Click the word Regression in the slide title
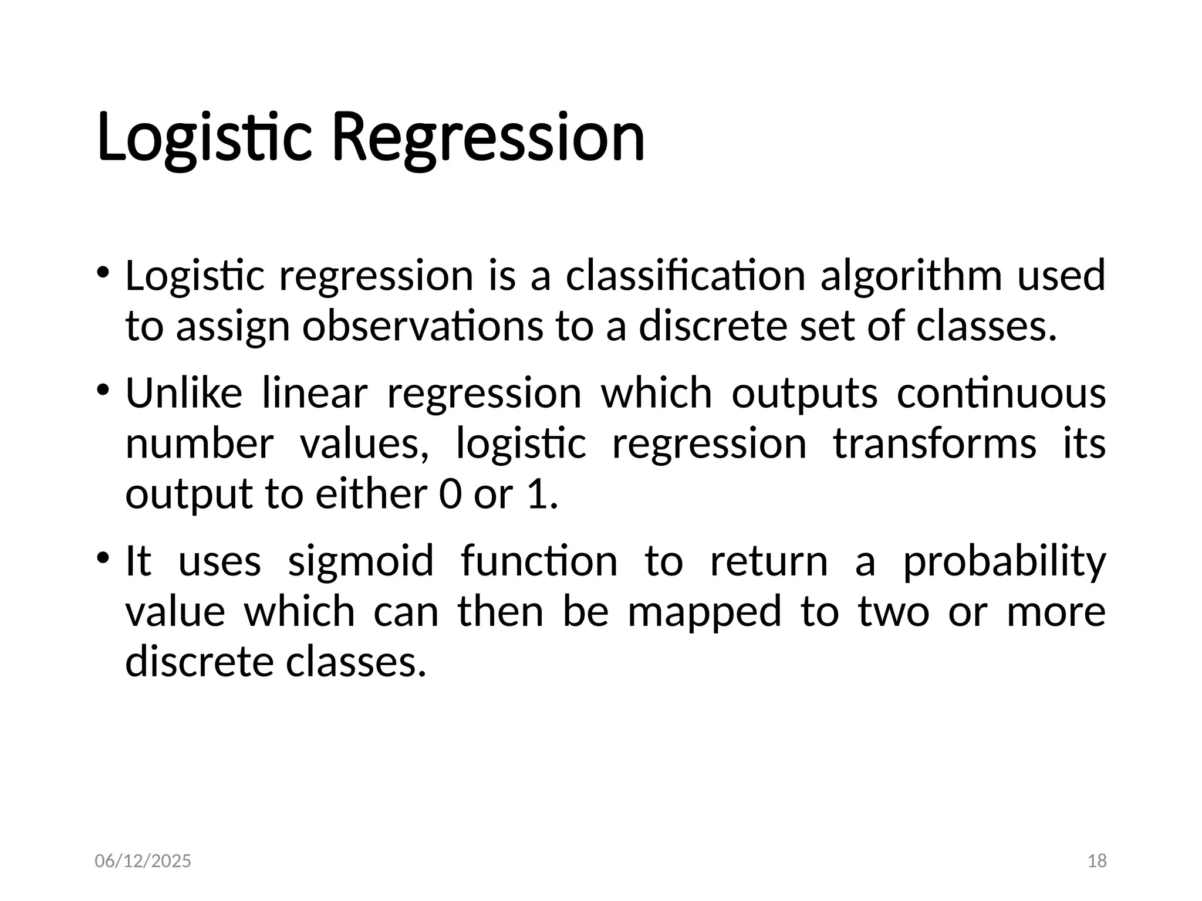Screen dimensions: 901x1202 click(x=488, y=138)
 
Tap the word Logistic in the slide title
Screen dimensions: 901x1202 click(x=204, y=138)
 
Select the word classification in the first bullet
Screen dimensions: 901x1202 click(x=685, y=275)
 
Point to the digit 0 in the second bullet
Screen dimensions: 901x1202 click(x=450, y=494)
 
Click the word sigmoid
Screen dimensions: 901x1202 click(x=360, y=561)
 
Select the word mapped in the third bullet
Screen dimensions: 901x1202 click(x=704, y=612)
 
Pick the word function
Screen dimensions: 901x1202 click(x=539, y=561)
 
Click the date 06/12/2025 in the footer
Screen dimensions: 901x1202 click(x=143, y=861)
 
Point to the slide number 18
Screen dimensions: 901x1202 click(x=1097, y=861)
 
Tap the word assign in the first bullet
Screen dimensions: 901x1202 click(x=233, y=327)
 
